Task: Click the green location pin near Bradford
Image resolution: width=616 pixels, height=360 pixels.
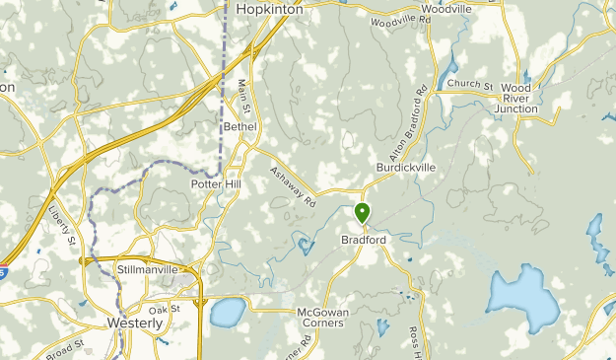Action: coord(362,212)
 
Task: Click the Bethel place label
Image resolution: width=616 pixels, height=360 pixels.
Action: coord(240,126)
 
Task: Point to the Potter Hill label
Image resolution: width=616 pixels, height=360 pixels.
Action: coord(216,184)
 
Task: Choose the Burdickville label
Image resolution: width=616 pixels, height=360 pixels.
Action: coord(405,168)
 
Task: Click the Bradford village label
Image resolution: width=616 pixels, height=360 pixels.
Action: coord(363,240)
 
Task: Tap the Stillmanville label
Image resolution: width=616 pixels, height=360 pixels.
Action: coord(147,268)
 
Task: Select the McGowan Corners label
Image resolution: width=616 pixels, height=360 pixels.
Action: coord(321,317)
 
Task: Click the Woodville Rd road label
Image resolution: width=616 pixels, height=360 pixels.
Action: coord(401,21)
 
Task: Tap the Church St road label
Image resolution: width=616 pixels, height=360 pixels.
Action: coord(469,85)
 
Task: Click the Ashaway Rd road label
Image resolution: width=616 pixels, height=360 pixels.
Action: coord(292,186)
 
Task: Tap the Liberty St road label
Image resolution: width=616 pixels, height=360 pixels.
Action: coord(61,224)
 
